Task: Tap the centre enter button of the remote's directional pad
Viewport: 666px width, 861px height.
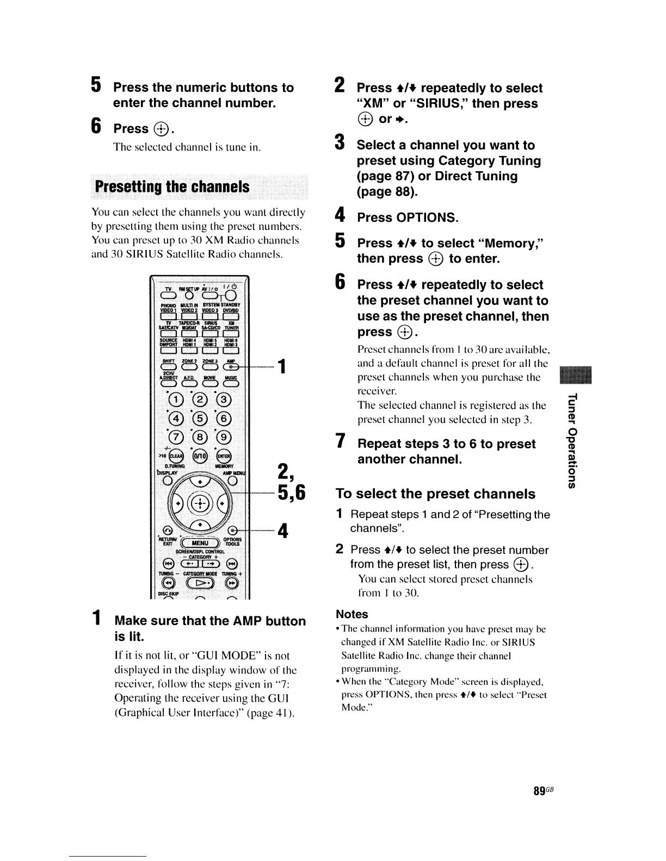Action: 200,502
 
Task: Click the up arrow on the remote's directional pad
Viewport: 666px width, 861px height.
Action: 200,482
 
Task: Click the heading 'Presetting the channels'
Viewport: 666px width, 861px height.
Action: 172,187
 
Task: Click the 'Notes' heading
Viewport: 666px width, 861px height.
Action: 352,614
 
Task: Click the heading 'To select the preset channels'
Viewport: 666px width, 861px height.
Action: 435,494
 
